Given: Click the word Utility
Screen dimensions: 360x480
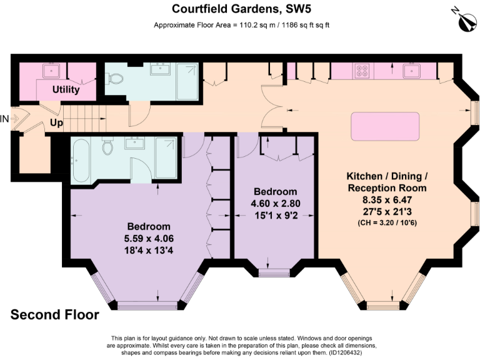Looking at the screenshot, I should click(66, 89).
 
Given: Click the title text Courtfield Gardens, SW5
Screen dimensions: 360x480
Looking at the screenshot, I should click(241, 9).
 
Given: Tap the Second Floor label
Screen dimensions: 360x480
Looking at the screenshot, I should click(54, 315).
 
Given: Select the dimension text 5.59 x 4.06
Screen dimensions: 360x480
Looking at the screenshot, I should click(149, 237).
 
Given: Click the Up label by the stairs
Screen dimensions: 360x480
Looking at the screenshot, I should click(56, 123).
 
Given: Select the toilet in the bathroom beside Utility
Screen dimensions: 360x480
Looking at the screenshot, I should click(114, 79).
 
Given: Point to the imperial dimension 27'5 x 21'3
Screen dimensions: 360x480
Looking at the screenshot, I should click(387, 211).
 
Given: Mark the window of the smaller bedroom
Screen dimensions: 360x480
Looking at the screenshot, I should click(275, 272).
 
